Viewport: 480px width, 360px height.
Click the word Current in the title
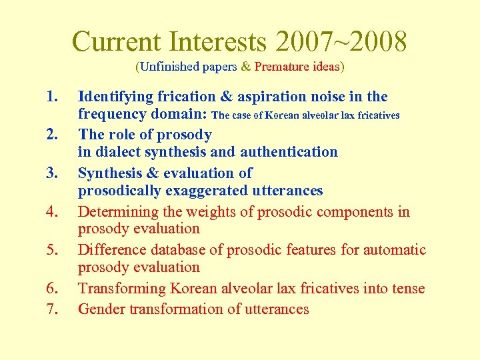click(x=117, y=41)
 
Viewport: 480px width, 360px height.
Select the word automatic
click(x=393, y=250)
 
